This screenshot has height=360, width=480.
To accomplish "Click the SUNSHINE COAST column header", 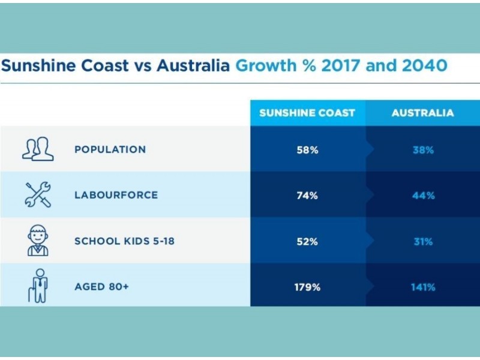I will point(307,113).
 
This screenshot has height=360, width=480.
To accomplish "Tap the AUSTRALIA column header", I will point(422,113).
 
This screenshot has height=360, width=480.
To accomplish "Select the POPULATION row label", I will point(110,149).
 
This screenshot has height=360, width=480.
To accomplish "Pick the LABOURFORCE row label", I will point(116,195).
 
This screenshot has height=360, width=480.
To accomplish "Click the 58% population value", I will point(307,150).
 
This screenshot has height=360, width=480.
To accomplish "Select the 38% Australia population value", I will point(423,150).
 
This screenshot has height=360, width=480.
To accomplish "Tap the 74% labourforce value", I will point(307,196).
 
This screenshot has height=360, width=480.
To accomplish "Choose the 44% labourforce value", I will point(423,196).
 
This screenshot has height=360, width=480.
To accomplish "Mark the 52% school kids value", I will point(307,242).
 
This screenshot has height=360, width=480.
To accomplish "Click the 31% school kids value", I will point(423,242).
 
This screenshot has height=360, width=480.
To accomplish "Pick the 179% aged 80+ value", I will point(307,287).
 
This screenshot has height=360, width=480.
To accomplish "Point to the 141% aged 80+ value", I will point(423,287).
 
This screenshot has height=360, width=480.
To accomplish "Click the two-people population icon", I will point(38,149).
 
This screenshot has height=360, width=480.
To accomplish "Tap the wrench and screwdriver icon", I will point(38,194).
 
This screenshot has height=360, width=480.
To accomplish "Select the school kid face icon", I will point(38,240).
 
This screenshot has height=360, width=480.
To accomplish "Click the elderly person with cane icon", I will point(37,286).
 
